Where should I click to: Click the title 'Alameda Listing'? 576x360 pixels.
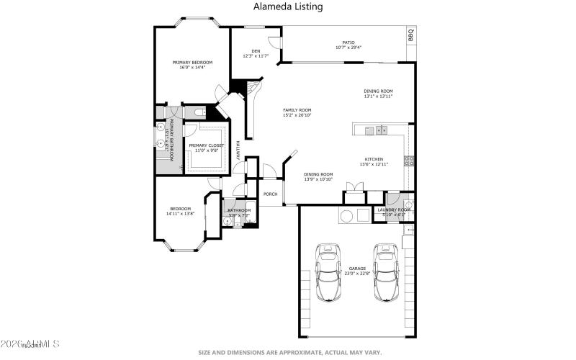coord(288,6)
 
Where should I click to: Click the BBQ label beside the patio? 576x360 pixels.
coord(411,35)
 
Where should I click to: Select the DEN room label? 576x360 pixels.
coord(256,53)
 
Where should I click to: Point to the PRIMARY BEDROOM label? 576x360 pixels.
coord(192,65)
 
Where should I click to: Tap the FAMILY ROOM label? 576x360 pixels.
coord(297,112)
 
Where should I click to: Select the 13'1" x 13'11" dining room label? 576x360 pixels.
coord(378,94)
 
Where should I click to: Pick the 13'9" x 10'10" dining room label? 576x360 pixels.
coord(318,176)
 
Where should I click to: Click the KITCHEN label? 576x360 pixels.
coord(373,161)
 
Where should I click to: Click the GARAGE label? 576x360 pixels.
coord(358,271)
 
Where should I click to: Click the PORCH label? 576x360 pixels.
coord(271,194)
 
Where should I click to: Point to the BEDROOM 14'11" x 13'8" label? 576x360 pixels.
coord(180,212)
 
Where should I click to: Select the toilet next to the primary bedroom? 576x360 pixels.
coord(198,113)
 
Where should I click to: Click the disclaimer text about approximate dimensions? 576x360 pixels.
coord(288,353)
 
